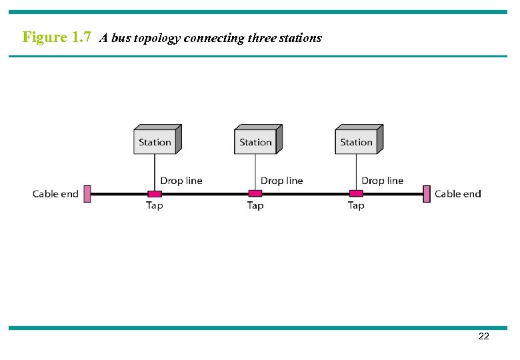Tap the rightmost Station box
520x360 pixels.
[x=358, y=140]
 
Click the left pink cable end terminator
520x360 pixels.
[x=87, y=194]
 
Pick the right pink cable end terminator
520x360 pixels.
[x=427, y=194]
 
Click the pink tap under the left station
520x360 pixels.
[x=154, y=194]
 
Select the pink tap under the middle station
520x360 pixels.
[x=255, y=194]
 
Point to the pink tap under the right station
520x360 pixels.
[x=356, y=194]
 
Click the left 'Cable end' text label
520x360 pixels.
[x=55, y=194]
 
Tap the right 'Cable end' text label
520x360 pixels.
[x=457, y=194]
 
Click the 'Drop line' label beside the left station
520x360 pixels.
[x=181, y=181]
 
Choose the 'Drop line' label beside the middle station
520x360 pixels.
[x=281, y=181]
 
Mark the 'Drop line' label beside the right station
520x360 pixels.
[x=382, y=181]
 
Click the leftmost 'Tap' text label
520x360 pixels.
[x=154, y=205]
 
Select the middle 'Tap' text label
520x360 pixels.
[x=255, y=205]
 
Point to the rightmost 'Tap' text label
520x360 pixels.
[x=356, y=205]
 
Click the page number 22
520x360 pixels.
[x=483, y=337]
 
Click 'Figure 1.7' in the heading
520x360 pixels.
[x=57, y=37]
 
